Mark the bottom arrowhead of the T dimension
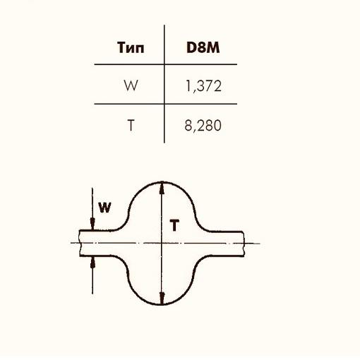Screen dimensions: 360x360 (163, 300)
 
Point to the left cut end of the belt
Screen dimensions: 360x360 (80, 244)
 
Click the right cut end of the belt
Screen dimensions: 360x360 (246, 244)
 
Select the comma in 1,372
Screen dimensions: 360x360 (191, 90)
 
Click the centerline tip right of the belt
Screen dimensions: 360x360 (260, 244)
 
